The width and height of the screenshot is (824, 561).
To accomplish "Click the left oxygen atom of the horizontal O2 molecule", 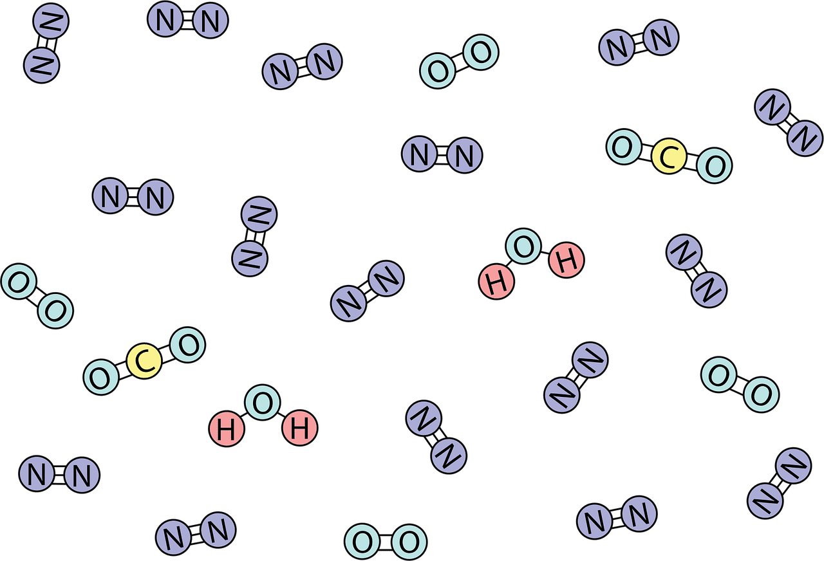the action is click(362, 542).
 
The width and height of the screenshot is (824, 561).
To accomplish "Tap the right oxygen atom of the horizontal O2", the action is click(409, 542).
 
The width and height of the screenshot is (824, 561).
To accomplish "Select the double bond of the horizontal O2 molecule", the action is click(386, 542).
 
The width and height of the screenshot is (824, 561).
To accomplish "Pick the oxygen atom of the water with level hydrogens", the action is click(263, 403).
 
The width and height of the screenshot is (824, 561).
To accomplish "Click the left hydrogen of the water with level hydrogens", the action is click(227, 428).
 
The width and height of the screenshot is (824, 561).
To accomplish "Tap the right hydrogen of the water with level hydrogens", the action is click(300, 428).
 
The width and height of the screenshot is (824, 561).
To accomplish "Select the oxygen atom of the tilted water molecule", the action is click(523, 246).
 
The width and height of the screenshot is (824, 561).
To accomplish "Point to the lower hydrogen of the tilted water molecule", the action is click(496, 282).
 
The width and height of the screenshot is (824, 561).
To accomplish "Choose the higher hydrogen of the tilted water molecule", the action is click(566, 260).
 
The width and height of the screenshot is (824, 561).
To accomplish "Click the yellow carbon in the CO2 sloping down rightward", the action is click(669, 156).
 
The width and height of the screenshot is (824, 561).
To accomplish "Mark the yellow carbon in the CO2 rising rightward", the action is click(144, 361).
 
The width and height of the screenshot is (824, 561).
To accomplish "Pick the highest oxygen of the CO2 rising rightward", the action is click(187, 345).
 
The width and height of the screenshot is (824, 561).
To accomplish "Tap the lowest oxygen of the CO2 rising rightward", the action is click(101, 377).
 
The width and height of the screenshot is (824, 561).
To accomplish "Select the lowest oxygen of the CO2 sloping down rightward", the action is click(715, 165).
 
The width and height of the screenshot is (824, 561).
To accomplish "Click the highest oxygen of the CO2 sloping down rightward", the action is click(624, 147).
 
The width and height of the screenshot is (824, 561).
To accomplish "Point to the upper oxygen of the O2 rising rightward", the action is click(481, 52).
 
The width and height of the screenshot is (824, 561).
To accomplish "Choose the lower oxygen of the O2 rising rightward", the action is click(438, 71).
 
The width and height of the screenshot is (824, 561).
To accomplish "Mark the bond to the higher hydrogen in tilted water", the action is click(545, 253).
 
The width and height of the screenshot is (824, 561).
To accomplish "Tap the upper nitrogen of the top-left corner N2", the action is click(51, 21).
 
